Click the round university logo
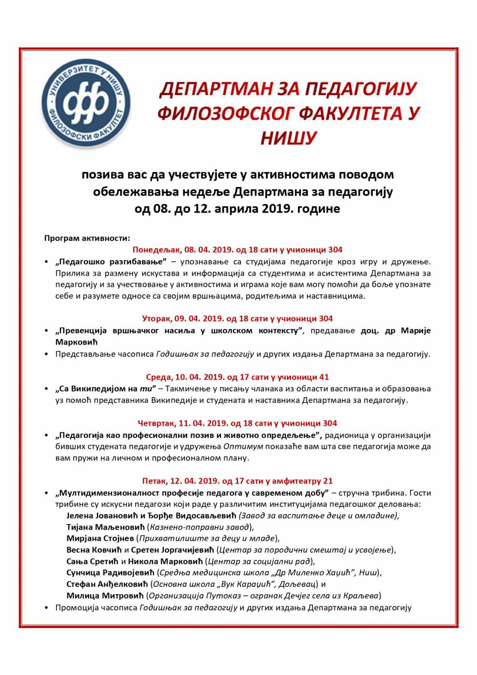(x=86, y=104)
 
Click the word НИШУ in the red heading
(x=288, y=138)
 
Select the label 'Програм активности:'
(x=87, y=238)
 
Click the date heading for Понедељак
(x=237, y=250)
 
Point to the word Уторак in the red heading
(x=157, y=319)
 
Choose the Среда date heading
(x=237, y=377)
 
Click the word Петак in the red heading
(x=154, y=481)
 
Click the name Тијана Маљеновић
(x=105, y=527)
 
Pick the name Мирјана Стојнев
(x=100, y=538)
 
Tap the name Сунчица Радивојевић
(x=111, y=573)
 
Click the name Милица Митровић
(x=105, y=596)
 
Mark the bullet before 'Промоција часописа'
(x=46, y=607)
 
